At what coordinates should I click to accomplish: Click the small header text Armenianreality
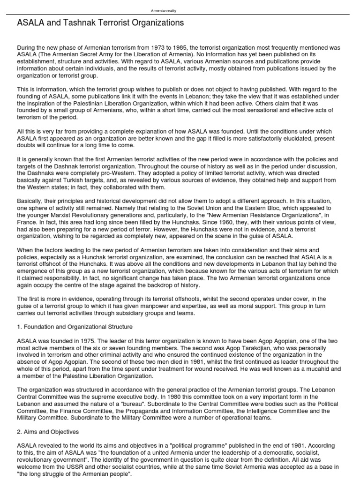click(x=164, y=10)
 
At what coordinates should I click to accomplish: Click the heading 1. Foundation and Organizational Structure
click(x=75, y=327)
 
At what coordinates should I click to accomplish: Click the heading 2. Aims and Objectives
click(x=48, y=432)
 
